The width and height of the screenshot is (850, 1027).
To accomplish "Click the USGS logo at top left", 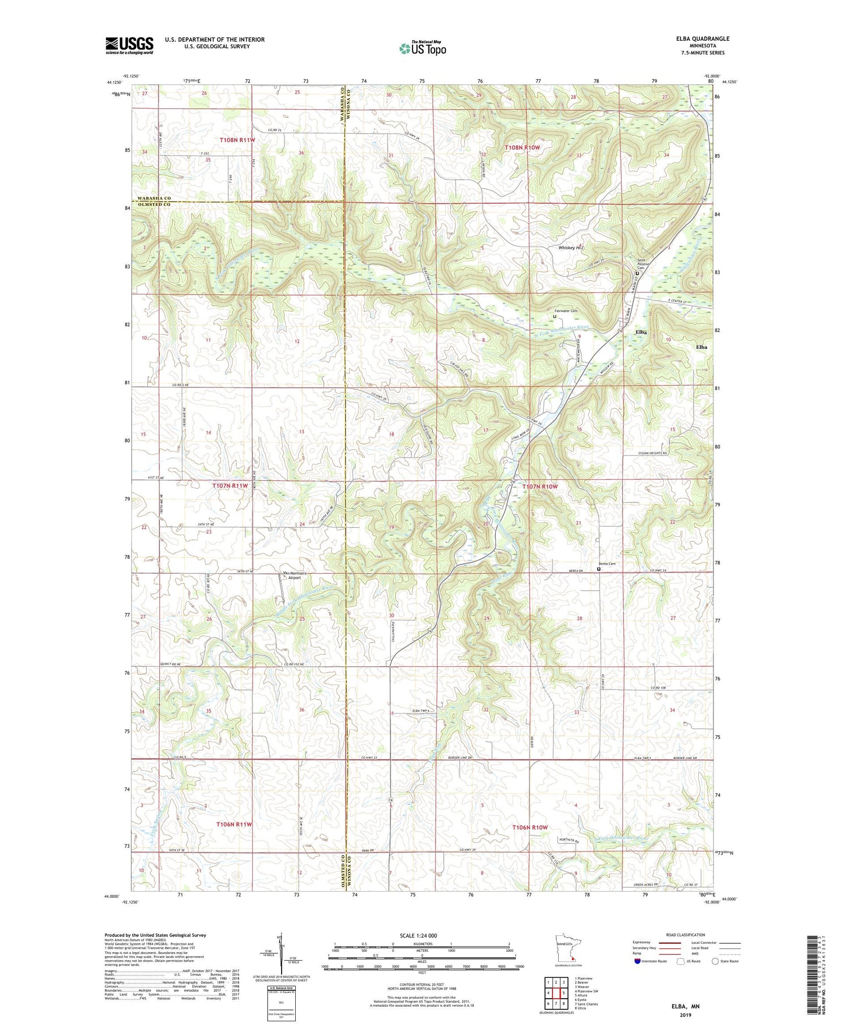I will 129,45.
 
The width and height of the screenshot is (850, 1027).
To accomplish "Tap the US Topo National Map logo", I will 422,48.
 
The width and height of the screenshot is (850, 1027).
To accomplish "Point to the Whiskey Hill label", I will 571,248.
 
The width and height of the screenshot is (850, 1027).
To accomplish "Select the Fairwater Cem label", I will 566,311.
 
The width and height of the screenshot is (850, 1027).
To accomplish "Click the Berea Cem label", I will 607,564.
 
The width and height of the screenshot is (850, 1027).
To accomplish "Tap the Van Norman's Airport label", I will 295,576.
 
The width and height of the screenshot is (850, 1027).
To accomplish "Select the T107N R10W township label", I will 540,487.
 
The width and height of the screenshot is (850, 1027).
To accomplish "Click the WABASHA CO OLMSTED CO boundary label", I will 152,201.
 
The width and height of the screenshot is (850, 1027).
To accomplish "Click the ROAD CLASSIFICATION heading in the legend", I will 686,935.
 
